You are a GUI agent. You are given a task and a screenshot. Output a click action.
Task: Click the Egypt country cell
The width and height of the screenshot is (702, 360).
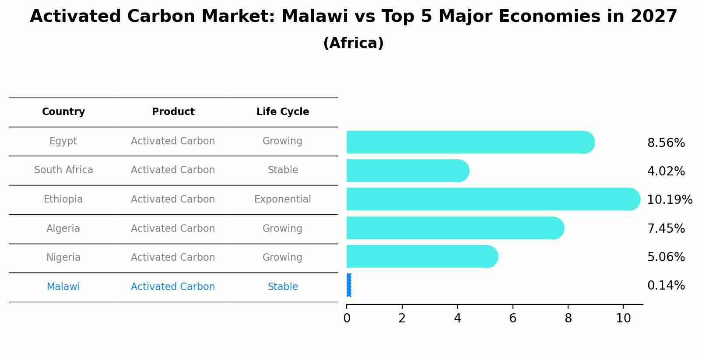pos(63,141)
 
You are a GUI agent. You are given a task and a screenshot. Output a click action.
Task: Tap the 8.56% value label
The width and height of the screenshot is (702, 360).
pos(666,143)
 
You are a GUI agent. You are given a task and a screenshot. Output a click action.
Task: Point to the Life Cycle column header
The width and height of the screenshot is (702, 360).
pos(283,112)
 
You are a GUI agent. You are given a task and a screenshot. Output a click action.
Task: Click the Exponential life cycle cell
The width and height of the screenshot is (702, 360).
pos(283,199)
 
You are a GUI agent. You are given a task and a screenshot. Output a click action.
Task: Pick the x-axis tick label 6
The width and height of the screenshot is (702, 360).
pos(512,318)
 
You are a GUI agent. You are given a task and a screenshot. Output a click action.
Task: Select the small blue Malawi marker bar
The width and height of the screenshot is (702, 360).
pos(349,285)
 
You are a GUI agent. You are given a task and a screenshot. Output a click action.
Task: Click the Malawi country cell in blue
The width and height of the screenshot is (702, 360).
pos(63,287)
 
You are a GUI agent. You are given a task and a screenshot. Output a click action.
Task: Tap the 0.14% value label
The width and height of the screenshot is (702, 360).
pos(666,286)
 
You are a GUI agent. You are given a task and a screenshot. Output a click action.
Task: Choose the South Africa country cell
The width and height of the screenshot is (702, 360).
pos(63,170)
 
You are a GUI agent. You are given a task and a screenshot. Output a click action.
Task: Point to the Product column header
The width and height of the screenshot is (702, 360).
pos(173,112)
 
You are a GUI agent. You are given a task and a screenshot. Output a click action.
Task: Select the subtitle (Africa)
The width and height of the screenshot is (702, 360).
pos(353,43)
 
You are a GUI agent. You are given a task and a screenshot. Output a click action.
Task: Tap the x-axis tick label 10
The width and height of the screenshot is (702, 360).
pos(623,318)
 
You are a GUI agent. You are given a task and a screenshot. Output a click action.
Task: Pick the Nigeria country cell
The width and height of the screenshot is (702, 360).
pos(63,258)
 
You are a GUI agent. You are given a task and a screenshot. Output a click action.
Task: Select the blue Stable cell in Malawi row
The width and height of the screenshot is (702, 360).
pos(283,287)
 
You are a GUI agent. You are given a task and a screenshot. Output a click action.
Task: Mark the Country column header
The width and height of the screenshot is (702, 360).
pos(63,112)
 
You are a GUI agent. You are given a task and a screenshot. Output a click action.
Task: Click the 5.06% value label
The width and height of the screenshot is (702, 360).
pos(666,257)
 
